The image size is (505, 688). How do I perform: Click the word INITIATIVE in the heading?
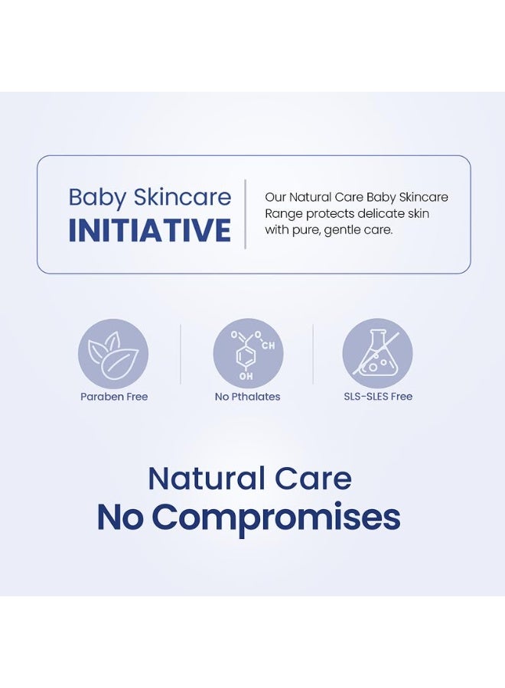tap(150, 230)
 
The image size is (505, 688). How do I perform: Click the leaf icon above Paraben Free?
tap(113, 354)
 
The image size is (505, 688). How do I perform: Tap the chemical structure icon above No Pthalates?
tap(248, 354)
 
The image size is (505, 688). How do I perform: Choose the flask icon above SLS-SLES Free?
tap(377, 354)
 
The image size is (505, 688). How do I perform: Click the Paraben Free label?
tap(114, 397)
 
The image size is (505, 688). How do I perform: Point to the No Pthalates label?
tap(247, 397)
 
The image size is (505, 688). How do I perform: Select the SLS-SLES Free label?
tap(377, 397)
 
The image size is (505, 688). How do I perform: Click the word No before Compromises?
tap(120, 518)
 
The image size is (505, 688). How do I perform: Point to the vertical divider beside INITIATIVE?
tap(245, 214)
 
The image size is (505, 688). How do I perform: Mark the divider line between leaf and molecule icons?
tap(181, 354)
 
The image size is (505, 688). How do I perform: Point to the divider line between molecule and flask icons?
tap(313, 354)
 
